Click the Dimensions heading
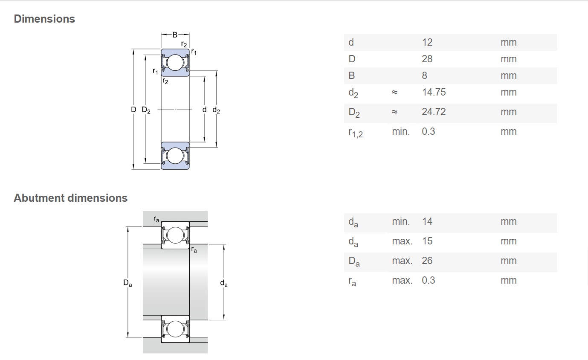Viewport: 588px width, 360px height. point(44,19)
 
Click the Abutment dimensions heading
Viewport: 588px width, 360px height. point(71,198)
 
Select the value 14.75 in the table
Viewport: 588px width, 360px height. point(434,92)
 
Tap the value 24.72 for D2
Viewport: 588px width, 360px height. point(434,112)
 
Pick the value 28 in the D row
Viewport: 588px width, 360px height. point(427,59)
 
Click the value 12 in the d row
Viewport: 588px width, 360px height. point(427,42)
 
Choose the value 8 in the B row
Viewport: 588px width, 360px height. point(424,75)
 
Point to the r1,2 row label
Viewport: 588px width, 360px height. point(356,133)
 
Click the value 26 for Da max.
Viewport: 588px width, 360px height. point(427,261)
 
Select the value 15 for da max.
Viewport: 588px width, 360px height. point(427,241)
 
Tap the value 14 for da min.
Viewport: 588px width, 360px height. point(427,222)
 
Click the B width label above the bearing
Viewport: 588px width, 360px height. point(175,35)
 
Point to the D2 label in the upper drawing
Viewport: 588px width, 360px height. point(146,110)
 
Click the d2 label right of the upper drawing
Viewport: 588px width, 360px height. point(216,110)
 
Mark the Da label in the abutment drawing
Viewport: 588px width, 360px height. point(127,283)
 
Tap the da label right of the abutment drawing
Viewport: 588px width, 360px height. point(224,283)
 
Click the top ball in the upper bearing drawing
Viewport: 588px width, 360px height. point(175,63)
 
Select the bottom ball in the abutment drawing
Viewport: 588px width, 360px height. point(175,329)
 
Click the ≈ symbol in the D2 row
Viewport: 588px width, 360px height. point(394,112)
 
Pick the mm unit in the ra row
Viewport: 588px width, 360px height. point(508,280)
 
